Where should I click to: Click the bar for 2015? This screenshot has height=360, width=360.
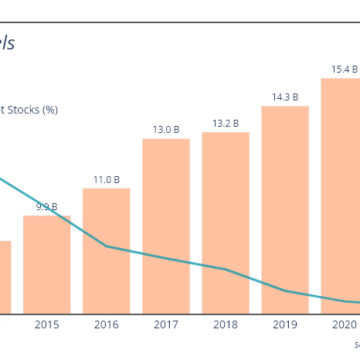(x=47, y=265)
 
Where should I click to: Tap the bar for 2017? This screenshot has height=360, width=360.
(x=166, y=226)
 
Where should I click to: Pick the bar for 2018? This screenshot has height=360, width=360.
(x=226, y=224)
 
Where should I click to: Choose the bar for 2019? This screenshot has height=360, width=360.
(x=285, y=210)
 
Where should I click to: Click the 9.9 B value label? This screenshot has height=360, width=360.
(x=47, y=206)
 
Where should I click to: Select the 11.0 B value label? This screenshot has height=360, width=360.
(x=107, y=179)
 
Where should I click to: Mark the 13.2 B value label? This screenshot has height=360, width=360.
(x=226, y=124)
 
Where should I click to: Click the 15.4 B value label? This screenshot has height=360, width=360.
(x=344, y=69)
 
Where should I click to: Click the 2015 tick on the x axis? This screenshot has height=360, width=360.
(x=47, y=324)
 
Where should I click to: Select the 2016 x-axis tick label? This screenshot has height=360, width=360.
(x=107, y=324)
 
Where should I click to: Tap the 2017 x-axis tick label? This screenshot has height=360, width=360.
(x=166, y=324)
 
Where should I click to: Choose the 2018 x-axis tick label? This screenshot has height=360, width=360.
(x=226, y=324)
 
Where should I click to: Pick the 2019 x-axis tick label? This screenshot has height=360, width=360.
(x=285, y=324)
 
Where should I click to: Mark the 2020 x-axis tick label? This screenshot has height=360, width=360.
(x=344, y=324)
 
